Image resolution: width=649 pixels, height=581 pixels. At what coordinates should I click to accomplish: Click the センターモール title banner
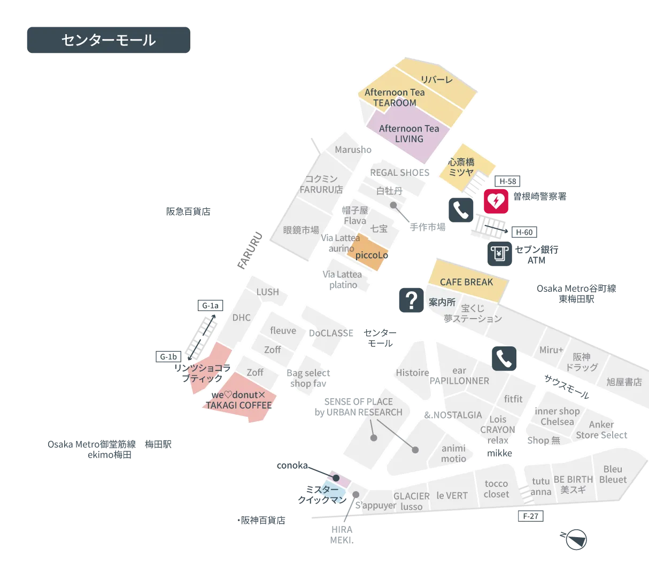109,40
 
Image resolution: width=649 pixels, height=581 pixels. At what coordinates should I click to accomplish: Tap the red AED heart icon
496,201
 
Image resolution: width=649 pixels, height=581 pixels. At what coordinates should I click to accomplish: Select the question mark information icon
411,300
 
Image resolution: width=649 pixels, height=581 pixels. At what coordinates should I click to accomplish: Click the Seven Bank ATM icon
499,254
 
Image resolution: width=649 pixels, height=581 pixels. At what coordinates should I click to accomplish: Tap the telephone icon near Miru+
504,359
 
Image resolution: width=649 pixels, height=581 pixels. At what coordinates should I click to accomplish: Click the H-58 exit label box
507,181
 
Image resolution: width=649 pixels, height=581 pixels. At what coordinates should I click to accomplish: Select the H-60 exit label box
524,232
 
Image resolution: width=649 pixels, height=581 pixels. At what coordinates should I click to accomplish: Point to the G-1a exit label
210,306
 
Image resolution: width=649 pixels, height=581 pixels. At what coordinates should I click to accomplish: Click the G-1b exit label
168,357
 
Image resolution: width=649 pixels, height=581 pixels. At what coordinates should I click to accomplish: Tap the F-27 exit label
530,516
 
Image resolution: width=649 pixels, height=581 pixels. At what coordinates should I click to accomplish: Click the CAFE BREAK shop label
466,282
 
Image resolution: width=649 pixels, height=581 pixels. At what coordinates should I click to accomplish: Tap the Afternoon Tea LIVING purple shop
409,134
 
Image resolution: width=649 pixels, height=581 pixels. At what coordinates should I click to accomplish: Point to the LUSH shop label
267,292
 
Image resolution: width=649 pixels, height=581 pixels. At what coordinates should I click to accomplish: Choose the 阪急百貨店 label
188,211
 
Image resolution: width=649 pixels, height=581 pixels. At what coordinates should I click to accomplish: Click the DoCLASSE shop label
331,333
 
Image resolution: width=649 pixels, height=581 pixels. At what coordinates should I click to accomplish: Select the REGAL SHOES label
399,173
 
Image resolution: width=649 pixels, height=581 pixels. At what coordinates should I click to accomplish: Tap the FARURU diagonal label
250,251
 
